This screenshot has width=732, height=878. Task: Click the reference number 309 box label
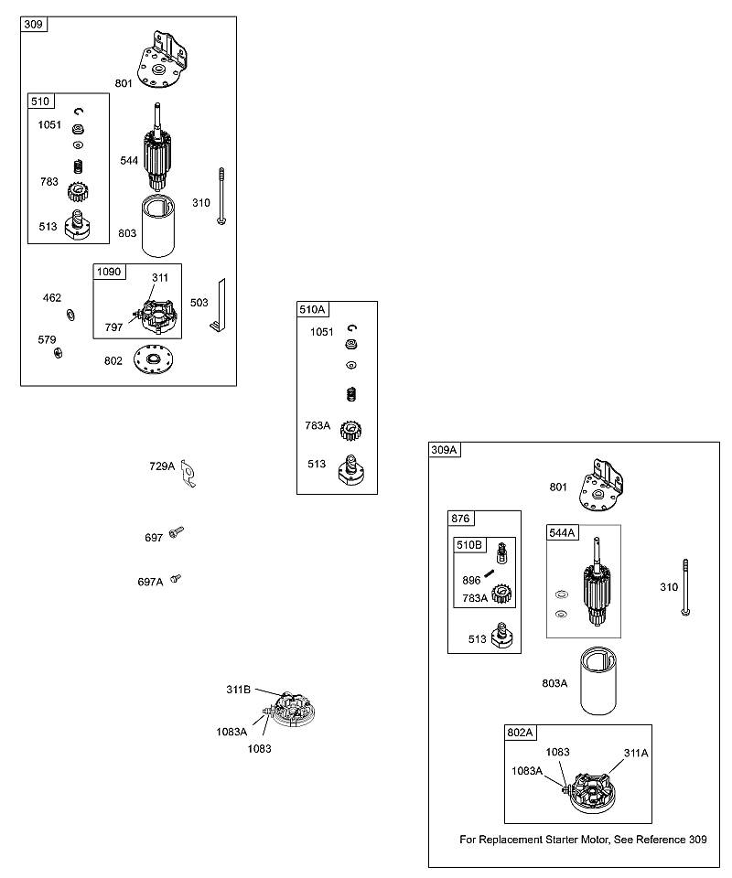tap(33, 24)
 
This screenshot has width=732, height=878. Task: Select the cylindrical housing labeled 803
tap(158, 226)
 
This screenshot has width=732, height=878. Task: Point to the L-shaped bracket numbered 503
tap(219, 305)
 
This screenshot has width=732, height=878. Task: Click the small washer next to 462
tap(71, 315)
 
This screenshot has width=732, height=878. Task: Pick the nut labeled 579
tap(58, 352)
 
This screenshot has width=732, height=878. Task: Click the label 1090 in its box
tap(109, 272)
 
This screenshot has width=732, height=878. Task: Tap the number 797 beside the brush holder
tap(113, 327)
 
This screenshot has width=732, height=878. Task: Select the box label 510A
tap(312, 309)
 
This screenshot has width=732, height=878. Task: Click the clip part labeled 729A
tap(188, 474)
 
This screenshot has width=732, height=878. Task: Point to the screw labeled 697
tap(177, 531)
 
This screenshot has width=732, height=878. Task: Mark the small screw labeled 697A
tap(176, 578)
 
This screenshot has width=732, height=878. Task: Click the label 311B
tap(239, 690)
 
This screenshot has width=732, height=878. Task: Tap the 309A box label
tap(444, 450)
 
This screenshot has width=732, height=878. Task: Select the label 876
tap(460, 519)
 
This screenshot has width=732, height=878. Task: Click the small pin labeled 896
tap(490, 573)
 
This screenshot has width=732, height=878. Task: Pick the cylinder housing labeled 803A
tap(598, 680)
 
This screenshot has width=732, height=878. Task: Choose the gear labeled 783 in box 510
tap(79, 193)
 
